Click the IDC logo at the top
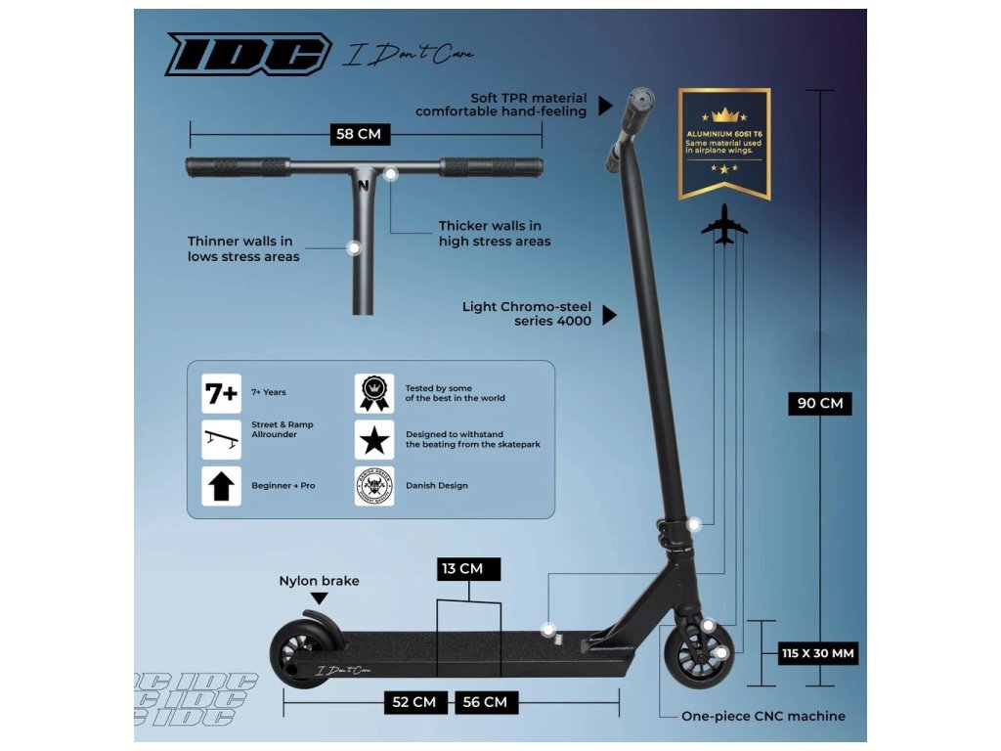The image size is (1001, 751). (x=248, y=54)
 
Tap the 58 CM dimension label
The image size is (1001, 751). (x=358, y=134)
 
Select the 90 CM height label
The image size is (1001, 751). (x=819, y=403)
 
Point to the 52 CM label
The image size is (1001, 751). (x=414, y=701)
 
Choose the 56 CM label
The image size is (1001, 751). (x=485, y=701)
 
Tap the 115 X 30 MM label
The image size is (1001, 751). (x=819, y=653)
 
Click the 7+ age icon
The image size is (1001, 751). (x=221, y=393)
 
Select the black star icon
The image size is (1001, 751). (x=373, y=440)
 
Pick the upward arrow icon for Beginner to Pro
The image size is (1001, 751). (x=221, y=486)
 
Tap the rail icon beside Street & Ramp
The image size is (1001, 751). (x=221, y=440)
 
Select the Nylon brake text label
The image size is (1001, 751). (x=319, y=581)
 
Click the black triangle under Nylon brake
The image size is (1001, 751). (x=319, y=597)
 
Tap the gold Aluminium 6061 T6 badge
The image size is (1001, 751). (x=724, y=143)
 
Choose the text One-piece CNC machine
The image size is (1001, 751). (x=763, y=716)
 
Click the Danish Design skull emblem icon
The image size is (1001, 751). (x=373, y=486)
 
